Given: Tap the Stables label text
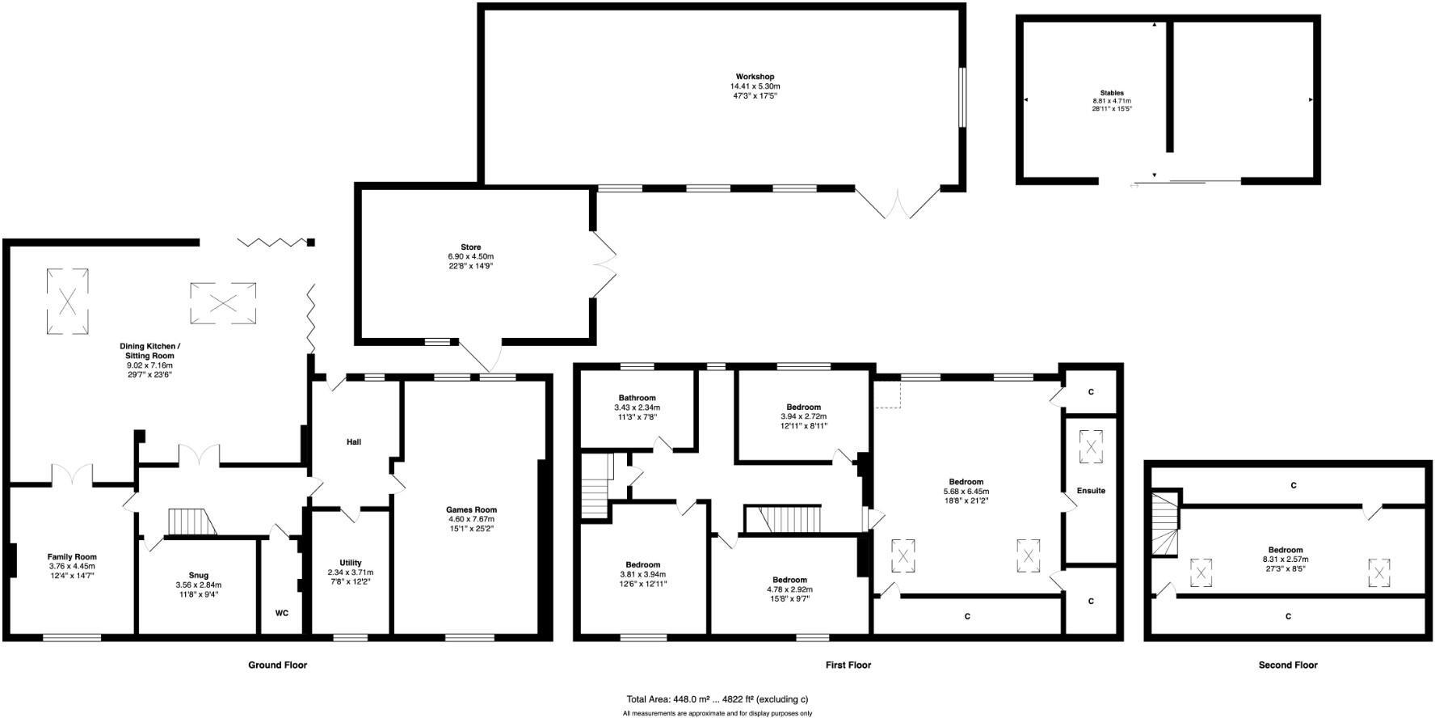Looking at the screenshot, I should coord(1112,93).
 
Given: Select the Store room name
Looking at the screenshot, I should coord(471,247).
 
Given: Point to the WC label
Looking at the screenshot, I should coord(282,613).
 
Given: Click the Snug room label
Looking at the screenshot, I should coord(198,576).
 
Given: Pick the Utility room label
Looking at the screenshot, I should coord(351,563).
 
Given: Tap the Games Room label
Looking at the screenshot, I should coord(471,509).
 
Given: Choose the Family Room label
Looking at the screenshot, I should coord(72,557).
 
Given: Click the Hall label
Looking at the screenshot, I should coord(354,442).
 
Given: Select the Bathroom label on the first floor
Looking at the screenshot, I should coord(638,398).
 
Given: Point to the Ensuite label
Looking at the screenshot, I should coord(1091,491).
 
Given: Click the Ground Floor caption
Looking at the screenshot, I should coord(277,665).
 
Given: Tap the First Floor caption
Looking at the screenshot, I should coord(848,665).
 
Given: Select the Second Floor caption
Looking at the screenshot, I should coord(1288,665).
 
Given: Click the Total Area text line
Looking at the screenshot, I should coord(717,699).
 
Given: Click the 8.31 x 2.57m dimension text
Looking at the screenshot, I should coord(1286,559).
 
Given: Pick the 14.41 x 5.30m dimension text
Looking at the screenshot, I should coord(755,87).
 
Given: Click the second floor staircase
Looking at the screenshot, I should coord(1165,530).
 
